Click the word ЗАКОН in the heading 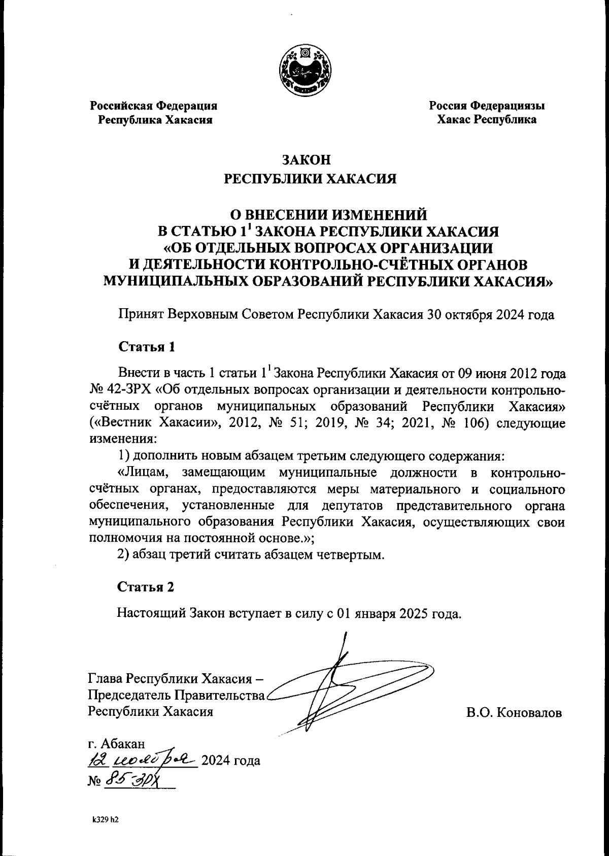(x=306, y=160)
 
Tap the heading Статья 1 (x=147, y=347)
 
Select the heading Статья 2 (x=146, y=587)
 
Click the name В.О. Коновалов (x=514, y=712)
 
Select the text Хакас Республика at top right (x=486, y=120)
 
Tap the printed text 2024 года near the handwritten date (x=231, y=761)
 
